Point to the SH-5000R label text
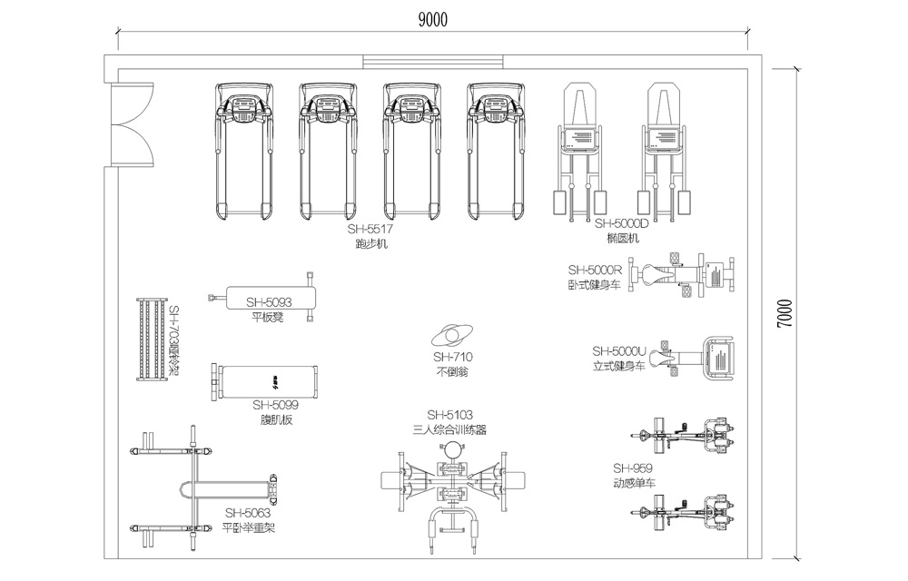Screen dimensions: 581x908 click(594, 270)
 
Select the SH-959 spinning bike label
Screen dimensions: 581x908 click(632, 468)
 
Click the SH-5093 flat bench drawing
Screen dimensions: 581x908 click(263, 298)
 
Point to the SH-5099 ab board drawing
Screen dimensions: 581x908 click(265, 381)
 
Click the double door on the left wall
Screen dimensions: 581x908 click(128, 125)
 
